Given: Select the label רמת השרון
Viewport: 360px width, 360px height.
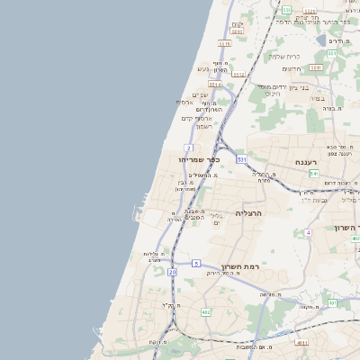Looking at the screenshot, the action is coord(238,267).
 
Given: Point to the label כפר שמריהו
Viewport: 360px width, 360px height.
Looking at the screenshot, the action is coord(201,159).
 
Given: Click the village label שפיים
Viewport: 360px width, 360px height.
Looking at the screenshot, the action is coord(200,94).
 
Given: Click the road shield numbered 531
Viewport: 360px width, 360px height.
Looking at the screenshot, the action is coord(241,158).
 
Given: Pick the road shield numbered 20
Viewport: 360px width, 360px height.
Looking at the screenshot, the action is coord(172,271).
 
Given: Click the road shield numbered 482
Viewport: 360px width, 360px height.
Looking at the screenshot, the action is coord(206,312).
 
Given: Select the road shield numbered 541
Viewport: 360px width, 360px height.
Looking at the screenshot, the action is coord(313,172).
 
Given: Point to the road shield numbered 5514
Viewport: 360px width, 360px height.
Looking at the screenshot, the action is coord(214,83).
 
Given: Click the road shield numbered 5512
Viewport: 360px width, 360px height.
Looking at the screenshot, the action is coord(238,73).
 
